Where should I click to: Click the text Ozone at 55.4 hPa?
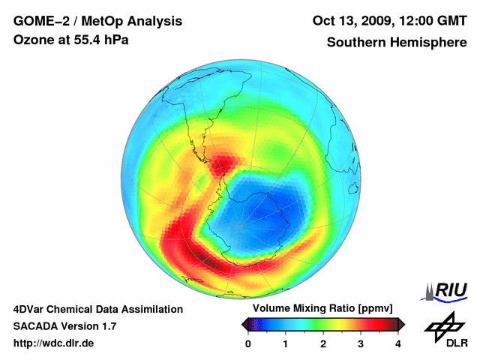point(70,39)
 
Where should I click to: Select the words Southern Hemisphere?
point(397,43)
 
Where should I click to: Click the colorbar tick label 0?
point(248,343)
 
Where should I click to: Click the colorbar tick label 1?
point(286,343)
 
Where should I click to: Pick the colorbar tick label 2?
point(323,343)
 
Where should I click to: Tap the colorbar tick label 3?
point(361,343)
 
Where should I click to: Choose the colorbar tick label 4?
point(398,343)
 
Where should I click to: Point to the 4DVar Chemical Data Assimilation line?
point(97,309)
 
